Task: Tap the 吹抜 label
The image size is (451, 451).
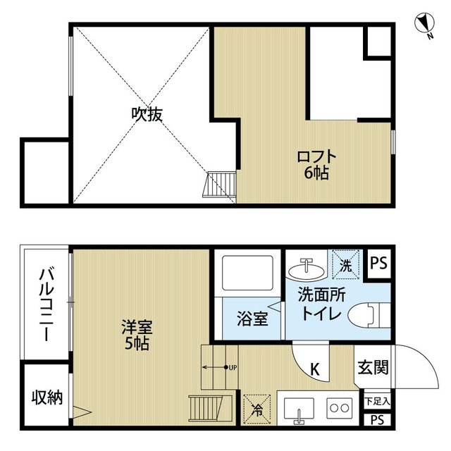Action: [147, 114]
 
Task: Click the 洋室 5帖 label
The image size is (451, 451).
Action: [137, 335]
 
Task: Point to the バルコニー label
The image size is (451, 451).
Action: [45, 304]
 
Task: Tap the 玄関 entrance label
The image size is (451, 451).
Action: [373, 367]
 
